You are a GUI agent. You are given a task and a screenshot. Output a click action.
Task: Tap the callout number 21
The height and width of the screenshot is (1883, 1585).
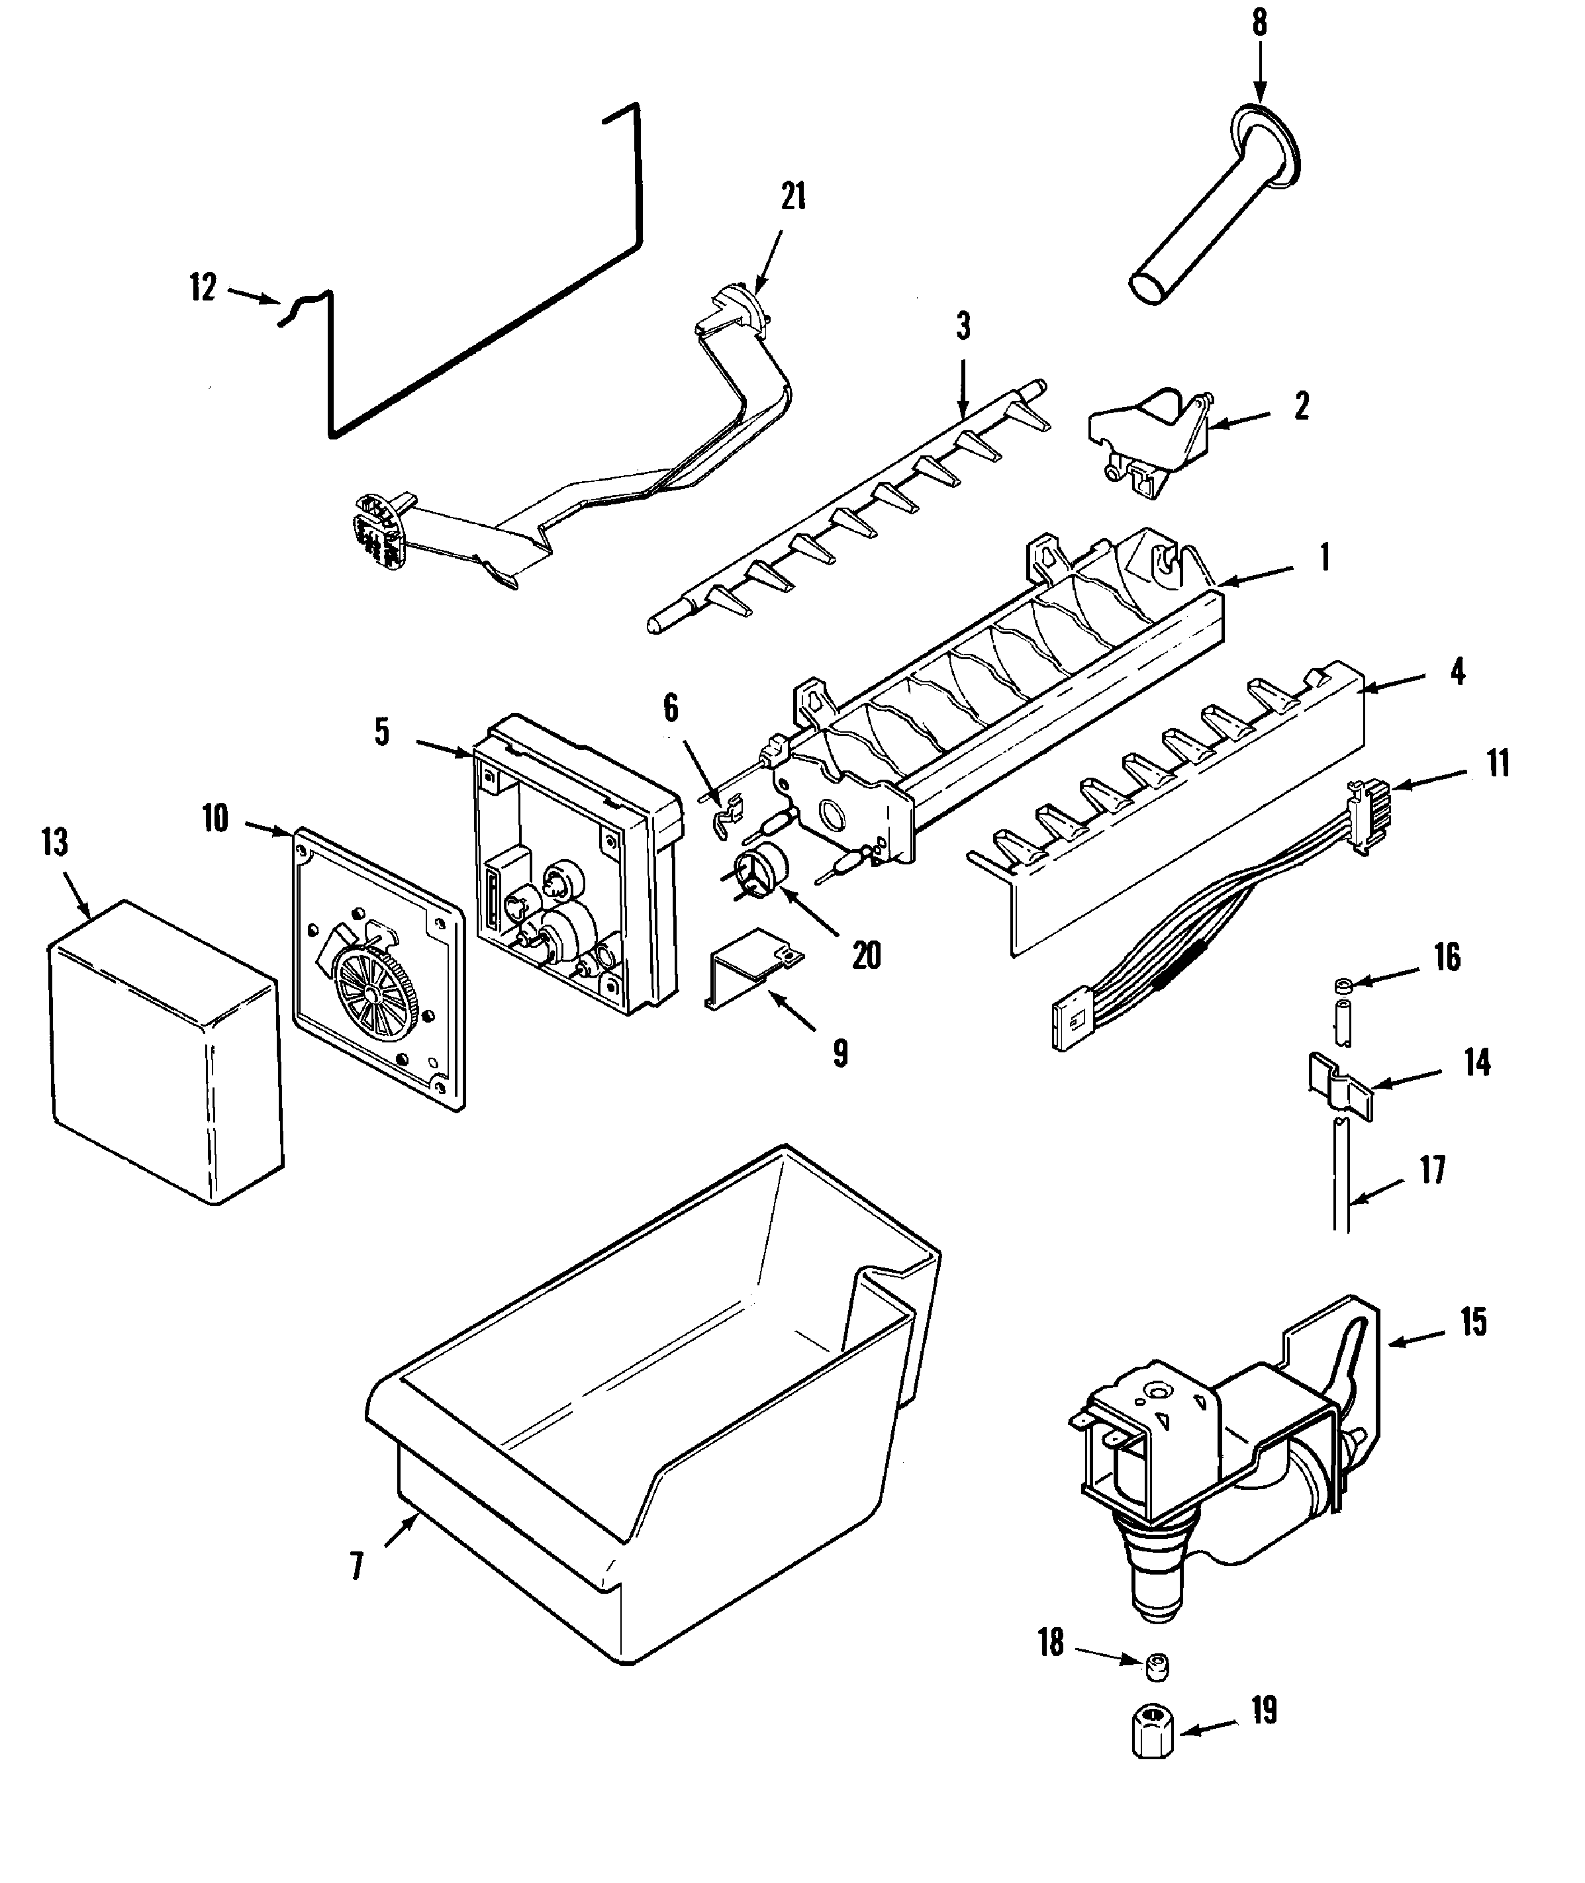pos(793,197)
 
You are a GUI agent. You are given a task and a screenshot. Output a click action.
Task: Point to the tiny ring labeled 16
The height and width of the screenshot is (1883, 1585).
pos(1341,986)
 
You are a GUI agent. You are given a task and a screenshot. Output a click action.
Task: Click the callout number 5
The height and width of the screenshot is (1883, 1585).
pos(382,731)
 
